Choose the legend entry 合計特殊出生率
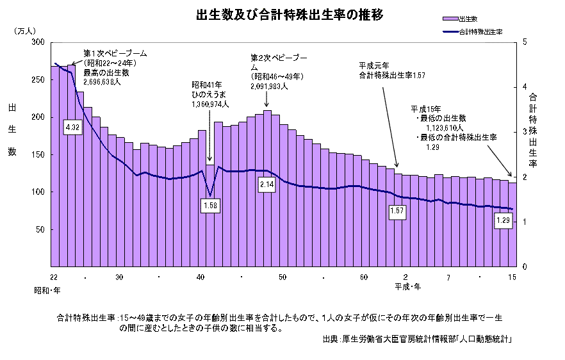click(x=480, y=31)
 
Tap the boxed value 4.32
click(x=72, y=127)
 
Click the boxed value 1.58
click(x=209, y=205)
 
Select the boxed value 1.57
click(x=398, y=210)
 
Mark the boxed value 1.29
click(x=504, y=221)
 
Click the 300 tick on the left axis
click(x=38, y=42)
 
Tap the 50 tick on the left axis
click(x=40, y=229)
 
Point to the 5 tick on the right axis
click(x=525, y=42)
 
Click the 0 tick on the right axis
click(x=525, y=266)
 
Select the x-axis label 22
click(x=54, y=277)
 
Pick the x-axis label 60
click(x=364, y=277)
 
